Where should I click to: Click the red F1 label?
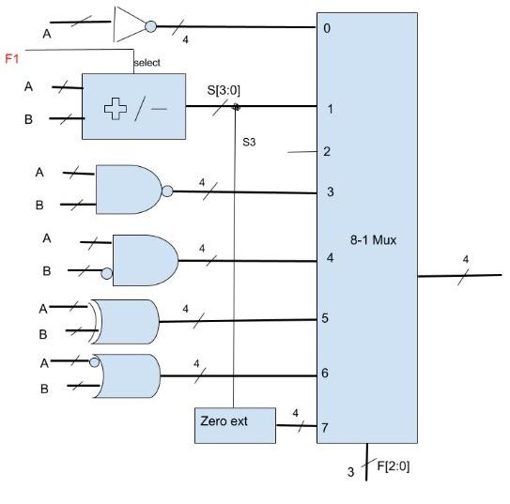point(12,59)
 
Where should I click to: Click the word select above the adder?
point(147,62)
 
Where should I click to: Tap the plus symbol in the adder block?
point(116,109)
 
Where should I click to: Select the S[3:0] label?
point(224,90)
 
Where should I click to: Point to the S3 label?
point(249,142)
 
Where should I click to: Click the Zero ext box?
point(235,425)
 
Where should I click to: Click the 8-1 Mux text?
point(374,240)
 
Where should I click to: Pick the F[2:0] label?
point(393,466)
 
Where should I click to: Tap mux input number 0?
point(327,28)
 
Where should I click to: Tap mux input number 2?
point(327,151)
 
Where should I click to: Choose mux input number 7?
point(325,428)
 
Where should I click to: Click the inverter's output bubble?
point(150,26)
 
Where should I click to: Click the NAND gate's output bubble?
point(167,191)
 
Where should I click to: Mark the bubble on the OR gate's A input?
point(94,362)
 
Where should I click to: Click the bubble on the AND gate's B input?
point(107,273)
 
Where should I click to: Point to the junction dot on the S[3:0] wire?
point(236,107)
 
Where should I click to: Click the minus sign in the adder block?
point(159,109)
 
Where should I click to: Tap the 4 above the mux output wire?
point(466,259)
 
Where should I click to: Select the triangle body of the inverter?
point(130,24)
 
